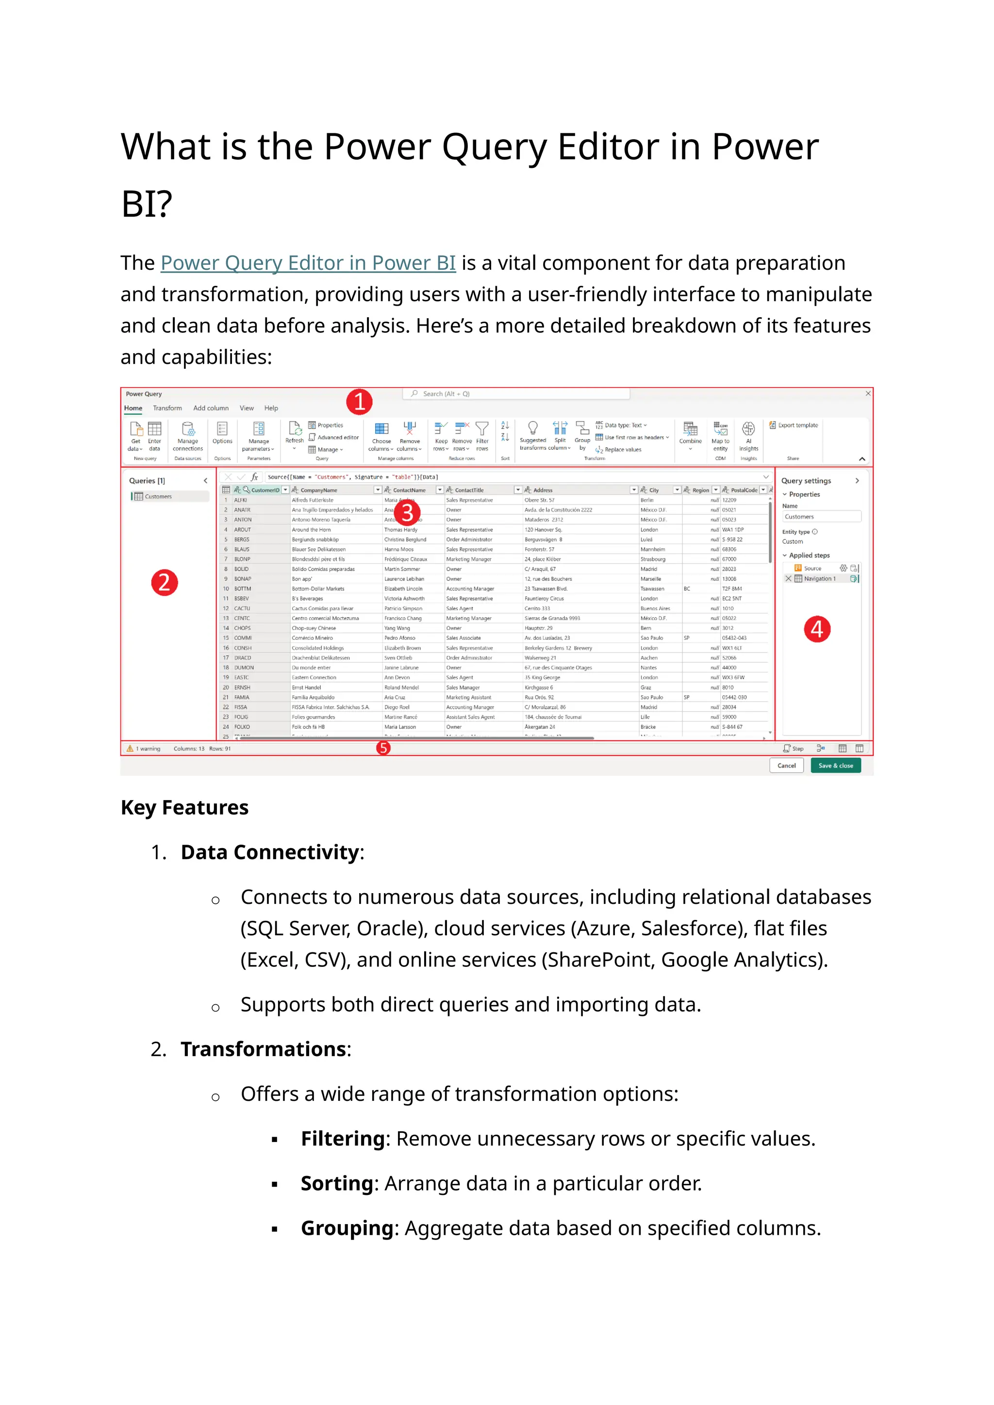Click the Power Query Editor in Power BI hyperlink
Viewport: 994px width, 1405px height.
[308, 263]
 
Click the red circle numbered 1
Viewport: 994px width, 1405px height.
[359, 402]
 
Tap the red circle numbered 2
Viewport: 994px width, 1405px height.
[164, 582]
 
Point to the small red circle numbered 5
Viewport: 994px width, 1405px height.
[383, 748]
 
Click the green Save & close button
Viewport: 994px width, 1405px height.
[835, 766]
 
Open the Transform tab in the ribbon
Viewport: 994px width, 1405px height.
[167, 408]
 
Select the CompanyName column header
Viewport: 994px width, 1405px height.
[318, 490]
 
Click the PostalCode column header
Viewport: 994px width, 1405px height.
[744, 490]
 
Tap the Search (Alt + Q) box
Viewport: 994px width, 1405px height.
[515, 394]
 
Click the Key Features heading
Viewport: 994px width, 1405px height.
[184, 807]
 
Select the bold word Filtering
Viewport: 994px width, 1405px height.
[342, 1138]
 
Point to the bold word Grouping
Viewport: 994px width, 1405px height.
[347, 1227]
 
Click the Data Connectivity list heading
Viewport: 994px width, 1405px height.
[269, 852]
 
